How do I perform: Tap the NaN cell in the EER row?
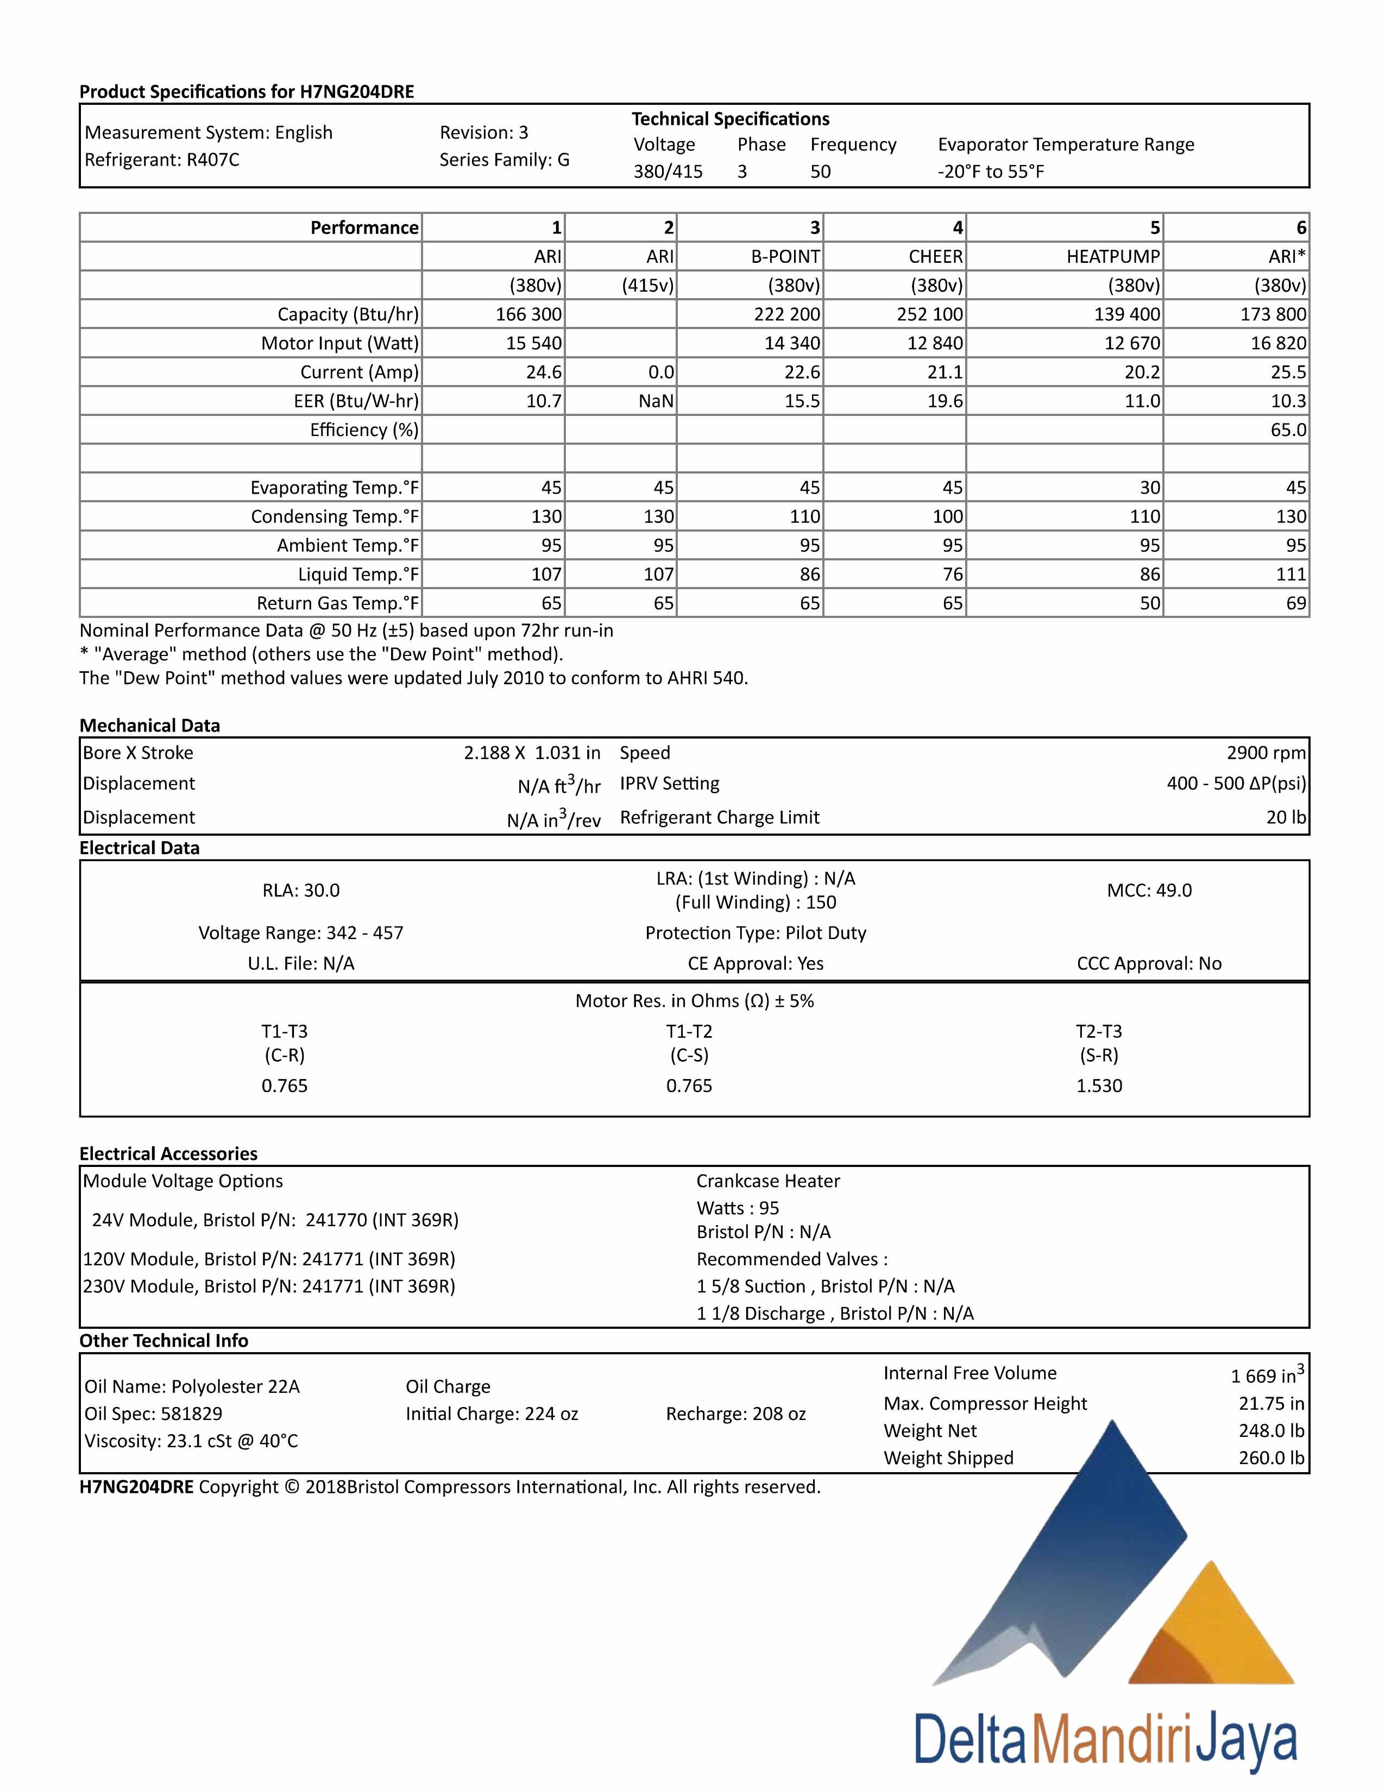click(x=656, y=401)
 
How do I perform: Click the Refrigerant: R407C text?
click(x=162, y=160)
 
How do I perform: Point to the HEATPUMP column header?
click(x=1112, y=257)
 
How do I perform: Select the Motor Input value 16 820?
click(x=1277, y=343)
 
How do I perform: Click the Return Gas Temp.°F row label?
click(x=337, y=603)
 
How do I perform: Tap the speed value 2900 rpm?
click(x=1265, y=753)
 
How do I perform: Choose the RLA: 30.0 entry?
click(x=301, y=890)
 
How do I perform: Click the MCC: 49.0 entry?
click(x=1149, y=890)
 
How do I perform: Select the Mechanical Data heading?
click(x=149, y=725)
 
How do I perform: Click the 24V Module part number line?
click(x=275, y=1220)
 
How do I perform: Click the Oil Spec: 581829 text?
click(x=153, y=1414)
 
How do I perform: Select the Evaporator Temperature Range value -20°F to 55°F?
click(x=990, y=172)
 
